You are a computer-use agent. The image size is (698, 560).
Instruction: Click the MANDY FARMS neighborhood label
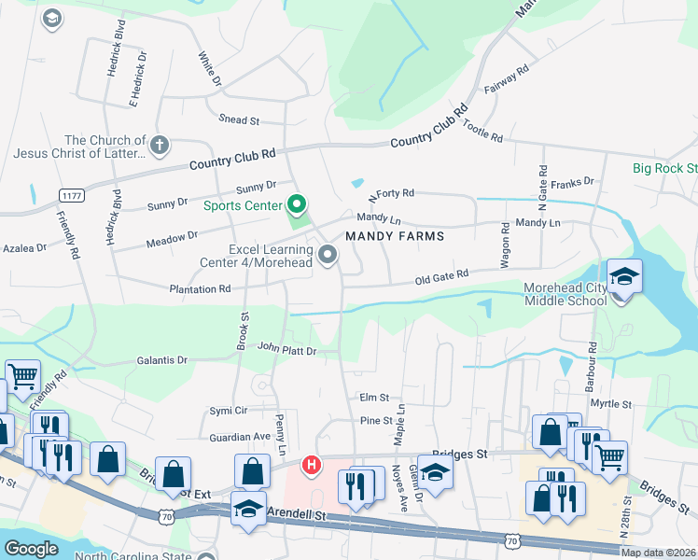(394, 237)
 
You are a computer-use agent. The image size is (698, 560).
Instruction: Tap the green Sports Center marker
(298, 203)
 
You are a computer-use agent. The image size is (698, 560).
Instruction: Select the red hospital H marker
(312, 464)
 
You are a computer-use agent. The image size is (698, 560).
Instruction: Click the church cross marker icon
(160, 145)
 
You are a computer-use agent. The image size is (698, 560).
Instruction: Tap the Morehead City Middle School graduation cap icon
(624, 277)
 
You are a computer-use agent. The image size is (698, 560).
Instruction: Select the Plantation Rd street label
(200, 289)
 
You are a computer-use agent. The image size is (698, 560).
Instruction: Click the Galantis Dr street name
(162, 359)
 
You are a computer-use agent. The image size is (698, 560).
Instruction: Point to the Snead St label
(238, 120)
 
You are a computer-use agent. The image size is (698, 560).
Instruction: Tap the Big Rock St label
(664, 168)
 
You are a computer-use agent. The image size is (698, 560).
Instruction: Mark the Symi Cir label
(228, 410)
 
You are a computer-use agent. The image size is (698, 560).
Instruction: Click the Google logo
(31, 549)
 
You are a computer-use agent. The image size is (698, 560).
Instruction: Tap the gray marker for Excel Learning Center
(328, 254)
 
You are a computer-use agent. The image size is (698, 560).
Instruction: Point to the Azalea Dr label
(24, 248)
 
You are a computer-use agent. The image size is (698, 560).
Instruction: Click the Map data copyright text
(659, 553)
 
